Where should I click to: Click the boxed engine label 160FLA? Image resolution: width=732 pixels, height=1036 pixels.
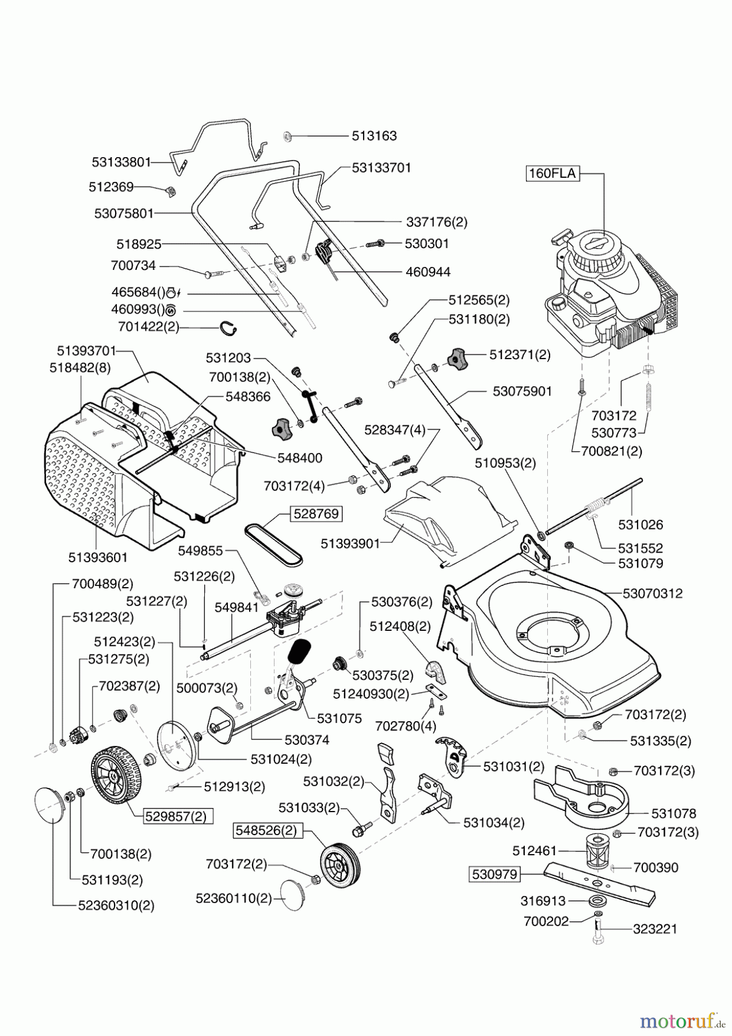click(x=552, y=173)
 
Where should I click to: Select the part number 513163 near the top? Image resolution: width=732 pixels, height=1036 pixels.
click(x=374, y=136)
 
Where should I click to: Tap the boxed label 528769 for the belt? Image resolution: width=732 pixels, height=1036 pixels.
click(x=316, y=513)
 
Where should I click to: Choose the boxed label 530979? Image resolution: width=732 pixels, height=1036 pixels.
click(x=495, y=875)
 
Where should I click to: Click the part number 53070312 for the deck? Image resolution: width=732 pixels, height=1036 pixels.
click(x=653, y=593)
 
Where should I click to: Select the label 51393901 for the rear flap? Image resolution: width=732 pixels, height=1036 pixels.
click(x=350, y=544)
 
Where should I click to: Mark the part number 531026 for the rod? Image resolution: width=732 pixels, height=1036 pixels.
click(x=640, y=524)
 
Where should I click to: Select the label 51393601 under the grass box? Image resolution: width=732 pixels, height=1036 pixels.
click(x=98, y=557)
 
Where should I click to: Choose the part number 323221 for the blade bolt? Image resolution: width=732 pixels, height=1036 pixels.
click(x=655, y=929)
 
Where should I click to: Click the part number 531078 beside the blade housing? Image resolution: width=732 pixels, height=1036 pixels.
click(x=673, y=813)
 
